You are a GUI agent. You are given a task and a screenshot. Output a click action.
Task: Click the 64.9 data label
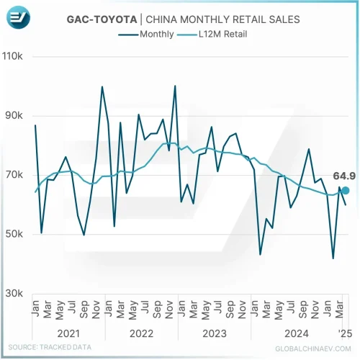point(343,175)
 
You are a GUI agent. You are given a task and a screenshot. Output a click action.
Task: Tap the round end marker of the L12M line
point(345,190)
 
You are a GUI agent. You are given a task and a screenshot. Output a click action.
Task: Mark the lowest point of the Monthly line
point(333,258)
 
